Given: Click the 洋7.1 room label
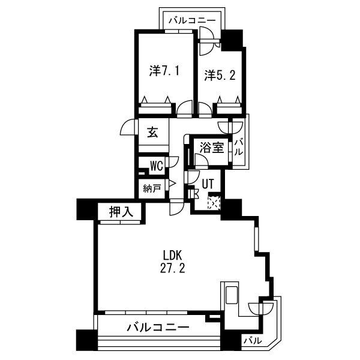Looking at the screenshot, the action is coord(164,71).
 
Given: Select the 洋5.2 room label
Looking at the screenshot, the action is coord(220,75).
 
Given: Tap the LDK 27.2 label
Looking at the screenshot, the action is coord(172,262).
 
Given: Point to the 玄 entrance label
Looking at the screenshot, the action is coord(152,132).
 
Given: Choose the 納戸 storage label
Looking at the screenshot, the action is coord(152,188).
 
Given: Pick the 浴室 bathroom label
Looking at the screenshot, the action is coord(212,148).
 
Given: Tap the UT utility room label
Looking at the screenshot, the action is coord(208,184).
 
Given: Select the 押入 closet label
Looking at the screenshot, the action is coord(121,211).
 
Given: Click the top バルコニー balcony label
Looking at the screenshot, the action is coord(192,20).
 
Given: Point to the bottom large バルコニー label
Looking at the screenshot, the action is coord(158,327).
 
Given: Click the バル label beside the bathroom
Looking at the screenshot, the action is coord(239,148).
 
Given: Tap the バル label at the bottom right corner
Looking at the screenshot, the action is coord(253,340).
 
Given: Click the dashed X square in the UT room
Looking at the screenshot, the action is coord(214,202).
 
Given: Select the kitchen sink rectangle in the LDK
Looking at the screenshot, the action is coord(232,295).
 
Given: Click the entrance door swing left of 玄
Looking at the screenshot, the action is coord(128,128).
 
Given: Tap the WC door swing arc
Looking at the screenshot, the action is coord(174,161).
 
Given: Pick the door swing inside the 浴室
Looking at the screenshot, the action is coord(201,160).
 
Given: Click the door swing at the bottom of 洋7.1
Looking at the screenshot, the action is coord(185,108).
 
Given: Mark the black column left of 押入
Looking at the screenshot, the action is coord(87,209).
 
